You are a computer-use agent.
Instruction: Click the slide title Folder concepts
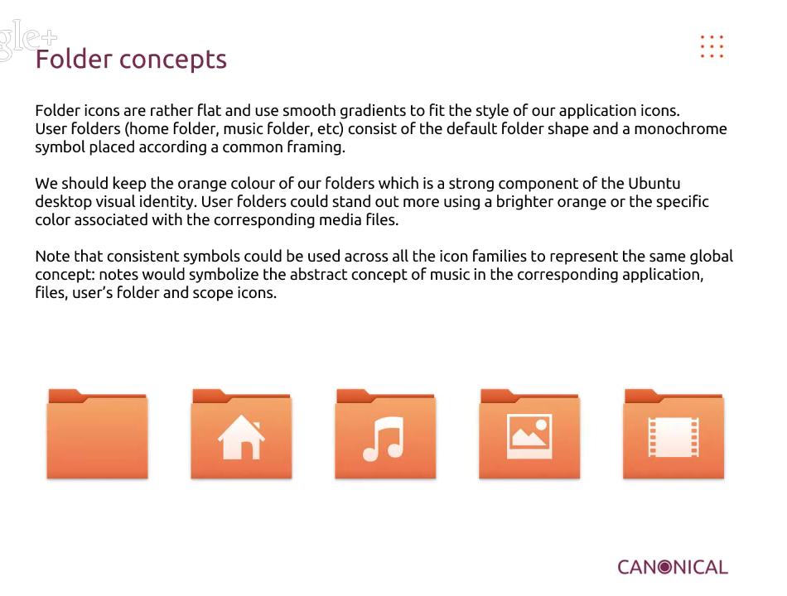[131, 60]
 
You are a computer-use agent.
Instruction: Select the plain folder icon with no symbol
[98, 434]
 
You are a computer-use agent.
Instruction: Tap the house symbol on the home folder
[241, 437]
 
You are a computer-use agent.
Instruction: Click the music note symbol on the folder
[384, 439]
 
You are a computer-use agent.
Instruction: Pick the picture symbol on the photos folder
[529, 436]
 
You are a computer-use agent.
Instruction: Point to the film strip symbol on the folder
[674, 437]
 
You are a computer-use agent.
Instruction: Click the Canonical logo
[673, 567]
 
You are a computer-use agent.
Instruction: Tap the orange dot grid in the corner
[712, 46]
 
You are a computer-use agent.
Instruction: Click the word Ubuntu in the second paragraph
[654, 184]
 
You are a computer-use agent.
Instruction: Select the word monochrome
[680, 129]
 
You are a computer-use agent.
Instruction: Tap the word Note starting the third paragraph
[53, 257]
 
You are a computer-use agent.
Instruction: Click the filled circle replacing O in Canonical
[665, 567]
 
